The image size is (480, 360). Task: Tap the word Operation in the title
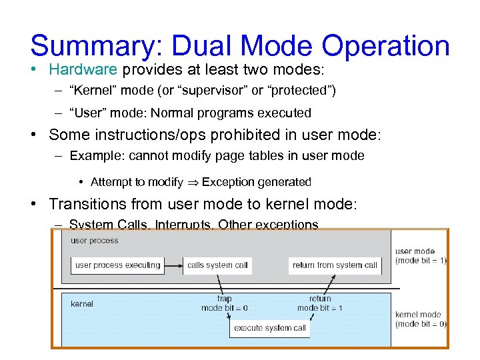(386, 46)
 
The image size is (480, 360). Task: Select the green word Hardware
(83, 69)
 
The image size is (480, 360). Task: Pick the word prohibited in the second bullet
(246, 135)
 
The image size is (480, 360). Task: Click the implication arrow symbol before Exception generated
(192, 182)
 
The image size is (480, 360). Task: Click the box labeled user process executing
(118, 265)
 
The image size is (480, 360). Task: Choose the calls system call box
(217, 265)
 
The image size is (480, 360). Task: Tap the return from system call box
(335, 265)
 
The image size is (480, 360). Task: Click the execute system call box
(270, 328)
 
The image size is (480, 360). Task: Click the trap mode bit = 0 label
(225, 303)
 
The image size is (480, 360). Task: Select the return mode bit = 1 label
(320, 303)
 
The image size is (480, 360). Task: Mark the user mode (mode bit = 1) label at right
(420, 256)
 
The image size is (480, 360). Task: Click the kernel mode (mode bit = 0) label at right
(420, 319)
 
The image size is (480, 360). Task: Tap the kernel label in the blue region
(82, 304)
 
